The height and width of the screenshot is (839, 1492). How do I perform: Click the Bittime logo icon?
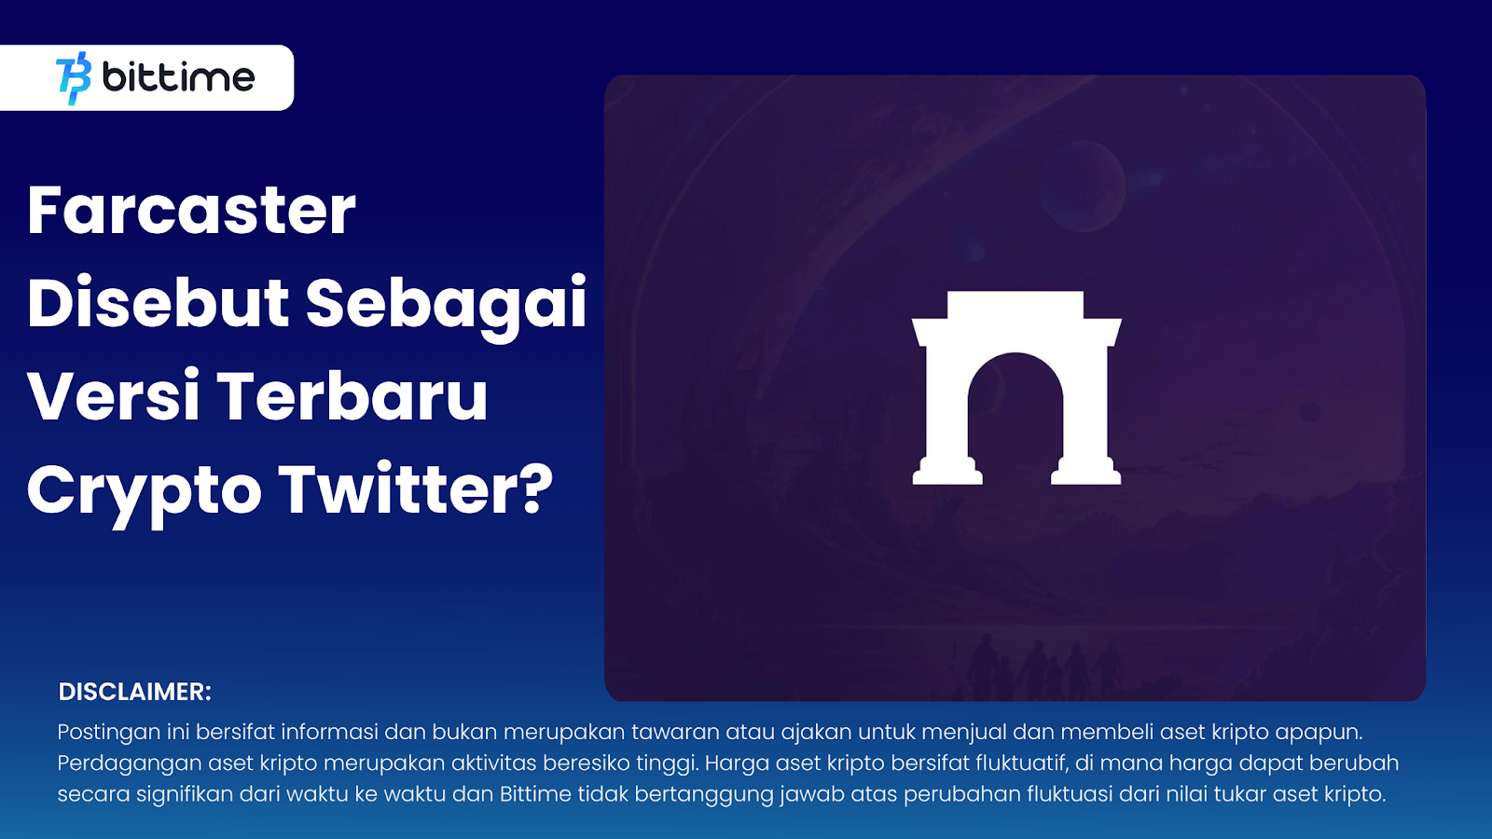74,78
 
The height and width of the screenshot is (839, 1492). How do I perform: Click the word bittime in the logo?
178,77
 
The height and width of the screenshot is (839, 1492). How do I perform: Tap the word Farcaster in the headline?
192,211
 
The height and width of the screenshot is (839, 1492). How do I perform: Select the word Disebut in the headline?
158,303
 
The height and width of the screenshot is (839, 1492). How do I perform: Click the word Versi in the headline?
114,396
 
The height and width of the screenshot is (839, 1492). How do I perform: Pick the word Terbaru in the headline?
352,396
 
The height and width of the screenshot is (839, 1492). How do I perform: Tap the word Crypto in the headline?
144,493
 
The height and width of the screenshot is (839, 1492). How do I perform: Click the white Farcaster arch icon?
1016,388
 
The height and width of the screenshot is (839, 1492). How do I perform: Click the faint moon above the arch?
1083,186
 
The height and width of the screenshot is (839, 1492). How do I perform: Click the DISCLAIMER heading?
134,692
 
